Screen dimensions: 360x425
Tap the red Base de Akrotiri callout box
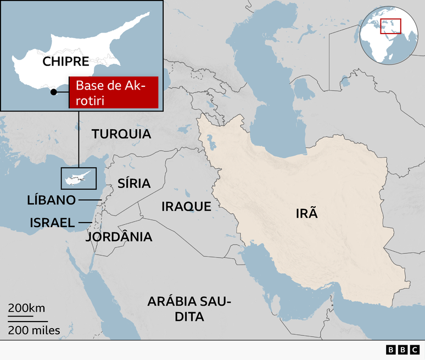(x=114, y=92)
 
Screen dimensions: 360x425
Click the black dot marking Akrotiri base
(x=53, y=92)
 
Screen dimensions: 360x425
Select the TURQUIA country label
(x=121, y=134)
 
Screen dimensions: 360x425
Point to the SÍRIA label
(x=134, y=184)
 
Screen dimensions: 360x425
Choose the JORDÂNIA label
(x=119, y=237)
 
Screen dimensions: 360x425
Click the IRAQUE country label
(x=186, y=207)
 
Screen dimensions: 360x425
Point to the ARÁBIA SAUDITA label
(x=189, y=309)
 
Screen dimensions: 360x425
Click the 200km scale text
(x=26, y=308)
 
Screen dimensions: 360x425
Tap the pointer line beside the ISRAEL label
(x=85, y=223)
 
